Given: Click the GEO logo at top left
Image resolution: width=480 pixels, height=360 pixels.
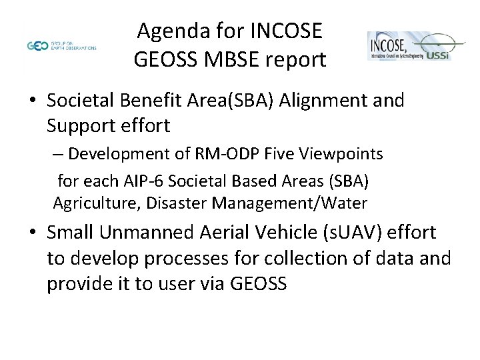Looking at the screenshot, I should click(x=39, y=46).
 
